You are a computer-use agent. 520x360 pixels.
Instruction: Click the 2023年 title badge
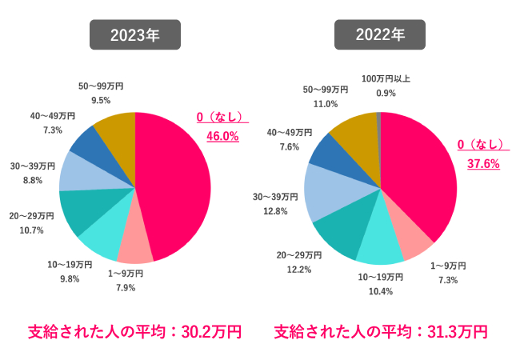[x=134, y=35]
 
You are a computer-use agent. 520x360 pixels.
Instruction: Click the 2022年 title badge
[x=379, y=35]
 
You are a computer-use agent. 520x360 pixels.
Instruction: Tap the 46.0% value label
[x=222, y=136]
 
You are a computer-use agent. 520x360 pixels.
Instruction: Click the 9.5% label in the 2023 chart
[x=101, y=100]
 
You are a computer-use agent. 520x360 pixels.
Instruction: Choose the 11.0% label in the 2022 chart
[x=326, y=104]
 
